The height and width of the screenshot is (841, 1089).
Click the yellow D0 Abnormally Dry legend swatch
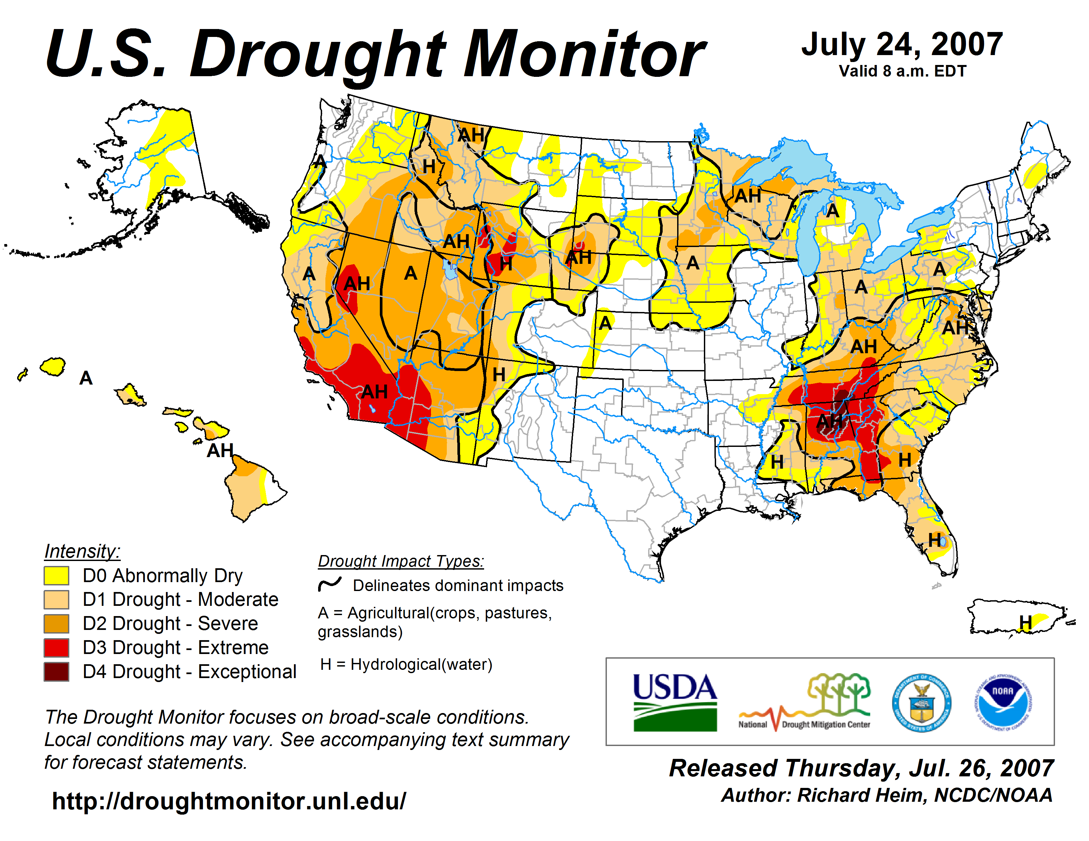(x=56, y=576)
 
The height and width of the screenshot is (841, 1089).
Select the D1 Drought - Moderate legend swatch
(x=56, y=599)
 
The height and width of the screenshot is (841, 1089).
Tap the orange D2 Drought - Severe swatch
(x=56, y=623)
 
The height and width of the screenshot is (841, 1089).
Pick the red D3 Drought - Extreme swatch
(x=56, y=647)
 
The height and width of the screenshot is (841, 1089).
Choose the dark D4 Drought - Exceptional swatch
(x=56, y=671)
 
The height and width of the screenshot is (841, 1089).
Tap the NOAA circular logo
(x=1003, y=702)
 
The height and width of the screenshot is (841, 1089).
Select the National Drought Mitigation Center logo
(x=804, y=702)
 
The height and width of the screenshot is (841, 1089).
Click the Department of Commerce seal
(x=921, y=702)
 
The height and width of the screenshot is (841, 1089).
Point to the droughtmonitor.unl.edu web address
(x=229, y=801)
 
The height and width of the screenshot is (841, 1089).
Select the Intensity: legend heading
(x=82, y=551)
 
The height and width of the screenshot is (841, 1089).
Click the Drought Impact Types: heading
(x=401, y=561)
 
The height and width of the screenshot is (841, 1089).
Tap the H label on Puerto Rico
(x=1025, y=622)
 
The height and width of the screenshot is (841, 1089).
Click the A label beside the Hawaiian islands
(x=86, y=378)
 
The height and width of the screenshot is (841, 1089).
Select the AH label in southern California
(x=375, y=391)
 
